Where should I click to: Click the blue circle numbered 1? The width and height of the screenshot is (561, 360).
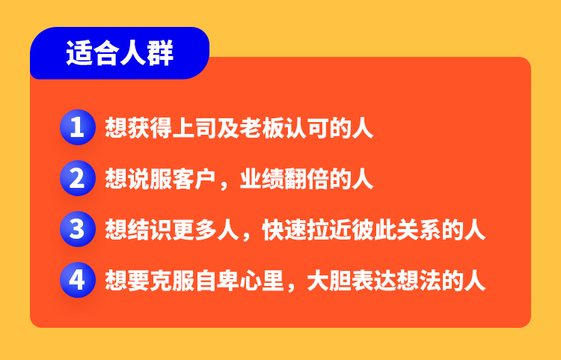[78, 127]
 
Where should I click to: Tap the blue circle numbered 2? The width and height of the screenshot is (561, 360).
[78, 178]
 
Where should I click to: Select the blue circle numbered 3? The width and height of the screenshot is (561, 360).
[78, 229]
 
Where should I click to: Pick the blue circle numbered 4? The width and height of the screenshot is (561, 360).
[78, 280]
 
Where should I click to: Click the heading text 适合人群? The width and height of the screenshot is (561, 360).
[120, 53]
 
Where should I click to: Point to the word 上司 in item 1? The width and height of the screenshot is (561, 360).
[194, 128]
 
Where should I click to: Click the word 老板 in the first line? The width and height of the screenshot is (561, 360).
[262, 128]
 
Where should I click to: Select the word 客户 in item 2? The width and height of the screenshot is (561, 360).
[194, 179]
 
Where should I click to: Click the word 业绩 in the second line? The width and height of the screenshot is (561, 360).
[262, 179]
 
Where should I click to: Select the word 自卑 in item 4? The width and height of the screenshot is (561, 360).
[217, 280]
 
